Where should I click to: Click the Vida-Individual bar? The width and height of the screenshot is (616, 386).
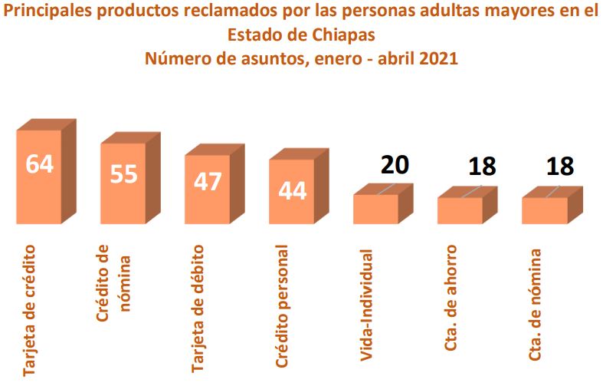pyautogui.click(x=376, y=208)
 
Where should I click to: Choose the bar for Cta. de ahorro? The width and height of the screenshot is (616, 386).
pyautogui.click(x=460, y=209)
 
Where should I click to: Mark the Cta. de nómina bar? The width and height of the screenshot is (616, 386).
pyautogui.click(x=545, y=209)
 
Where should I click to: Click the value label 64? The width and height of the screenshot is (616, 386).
pyautogui.click(x=39, y=163)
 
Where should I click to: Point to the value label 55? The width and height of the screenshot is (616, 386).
pyautogui.click(x=123, y=173)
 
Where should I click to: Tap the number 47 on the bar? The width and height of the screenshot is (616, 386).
pyautogui.click(x=208, y=182)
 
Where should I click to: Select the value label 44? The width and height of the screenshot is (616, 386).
pyautogui.click(x=292, y=190)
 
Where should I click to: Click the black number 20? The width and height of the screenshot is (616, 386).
pyautogui.click(x=395, y=164)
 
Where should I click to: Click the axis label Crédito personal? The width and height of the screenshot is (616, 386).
pyautogui.click(x=281, y=307)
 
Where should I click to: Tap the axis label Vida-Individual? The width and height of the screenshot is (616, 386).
pyautogui.click(x=365, y=304)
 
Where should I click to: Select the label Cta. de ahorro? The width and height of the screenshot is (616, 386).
pyautogui.click(x=451, y=299)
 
